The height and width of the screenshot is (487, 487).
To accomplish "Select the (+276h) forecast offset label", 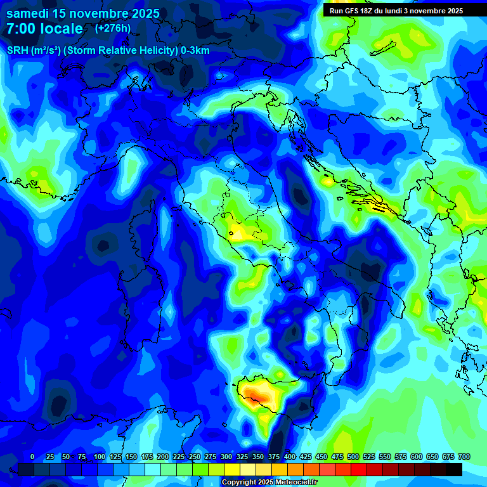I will (113, 29).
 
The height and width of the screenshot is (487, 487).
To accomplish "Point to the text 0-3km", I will (195, 51).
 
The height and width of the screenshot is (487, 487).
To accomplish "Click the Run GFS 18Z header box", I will (396, 11).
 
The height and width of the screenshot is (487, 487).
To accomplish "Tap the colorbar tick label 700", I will (464, 457).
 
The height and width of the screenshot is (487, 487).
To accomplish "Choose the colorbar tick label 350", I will (258, 457).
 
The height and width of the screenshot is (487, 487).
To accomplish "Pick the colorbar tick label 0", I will (32, 457).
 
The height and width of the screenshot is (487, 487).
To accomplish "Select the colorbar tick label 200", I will (163, 457).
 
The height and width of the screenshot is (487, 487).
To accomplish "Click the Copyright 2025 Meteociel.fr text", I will (269, 482).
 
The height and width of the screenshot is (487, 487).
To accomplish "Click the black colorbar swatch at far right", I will (454, 469).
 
